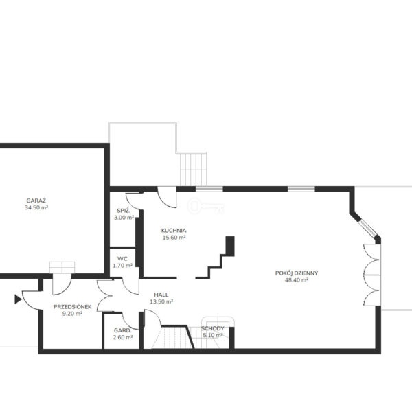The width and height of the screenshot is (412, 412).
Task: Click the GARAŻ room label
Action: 36,201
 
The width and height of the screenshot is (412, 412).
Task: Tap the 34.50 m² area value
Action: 36,207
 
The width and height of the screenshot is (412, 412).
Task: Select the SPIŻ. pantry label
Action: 124,211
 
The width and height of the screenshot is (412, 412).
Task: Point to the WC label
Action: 122,259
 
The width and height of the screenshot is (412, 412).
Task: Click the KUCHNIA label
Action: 174,231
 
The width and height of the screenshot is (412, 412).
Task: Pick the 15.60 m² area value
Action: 174,238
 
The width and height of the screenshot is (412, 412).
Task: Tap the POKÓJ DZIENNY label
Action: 297,273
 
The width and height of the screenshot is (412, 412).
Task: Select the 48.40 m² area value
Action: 297,280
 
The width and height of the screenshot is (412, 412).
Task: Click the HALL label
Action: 161,295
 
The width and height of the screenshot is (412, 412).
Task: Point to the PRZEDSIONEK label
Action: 72,307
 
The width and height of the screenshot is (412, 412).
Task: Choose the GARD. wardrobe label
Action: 122,330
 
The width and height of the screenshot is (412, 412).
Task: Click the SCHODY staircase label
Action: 213,328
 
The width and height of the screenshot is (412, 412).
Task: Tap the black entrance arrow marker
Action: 18,299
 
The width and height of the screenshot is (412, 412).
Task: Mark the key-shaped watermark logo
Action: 207,206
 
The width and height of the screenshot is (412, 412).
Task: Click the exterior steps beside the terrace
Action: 193,169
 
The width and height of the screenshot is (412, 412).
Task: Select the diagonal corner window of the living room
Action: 367,228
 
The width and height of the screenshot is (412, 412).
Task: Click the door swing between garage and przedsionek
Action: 62,284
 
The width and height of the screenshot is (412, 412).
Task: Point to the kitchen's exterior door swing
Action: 167,197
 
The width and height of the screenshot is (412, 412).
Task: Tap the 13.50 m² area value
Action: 161,301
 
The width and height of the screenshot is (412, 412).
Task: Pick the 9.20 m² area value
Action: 72,314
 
